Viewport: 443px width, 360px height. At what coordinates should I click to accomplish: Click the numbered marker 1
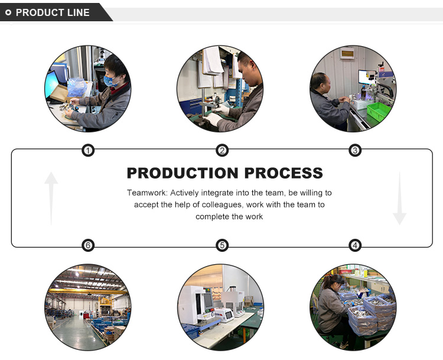tap(87, 151)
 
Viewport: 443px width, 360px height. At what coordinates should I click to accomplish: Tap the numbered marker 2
tap(222, 151)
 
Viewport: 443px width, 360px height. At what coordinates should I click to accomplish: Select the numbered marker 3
tap(355, 151)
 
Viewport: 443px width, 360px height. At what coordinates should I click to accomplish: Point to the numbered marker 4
tap(355, 245)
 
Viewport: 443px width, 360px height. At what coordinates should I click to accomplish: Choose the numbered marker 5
tap(222, 245)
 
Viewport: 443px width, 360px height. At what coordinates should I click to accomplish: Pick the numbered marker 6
tap(87, 245)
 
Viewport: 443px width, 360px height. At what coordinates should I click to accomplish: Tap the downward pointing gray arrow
tap(400, 198)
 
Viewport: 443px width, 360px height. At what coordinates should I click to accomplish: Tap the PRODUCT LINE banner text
tap(53, 12)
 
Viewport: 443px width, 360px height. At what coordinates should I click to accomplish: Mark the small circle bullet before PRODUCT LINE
tap(8, 12)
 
